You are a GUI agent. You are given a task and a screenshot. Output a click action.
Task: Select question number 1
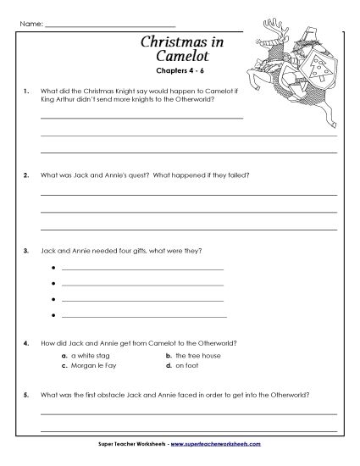point(28,91)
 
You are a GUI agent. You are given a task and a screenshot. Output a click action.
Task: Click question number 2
point(28,175)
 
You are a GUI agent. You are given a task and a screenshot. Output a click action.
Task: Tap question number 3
point(28,251)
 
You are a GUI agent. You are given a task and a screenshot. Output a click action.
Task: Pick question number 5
point(28,395)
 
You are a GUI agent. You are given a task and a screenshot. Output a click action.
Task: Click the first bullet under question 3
point(53,269)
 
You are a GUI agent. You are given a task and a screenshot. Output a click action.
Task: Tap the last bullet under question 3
point(53,315)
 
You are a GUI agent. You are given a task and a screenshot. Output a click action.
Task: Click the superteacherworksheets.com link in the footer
point(225,444)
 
